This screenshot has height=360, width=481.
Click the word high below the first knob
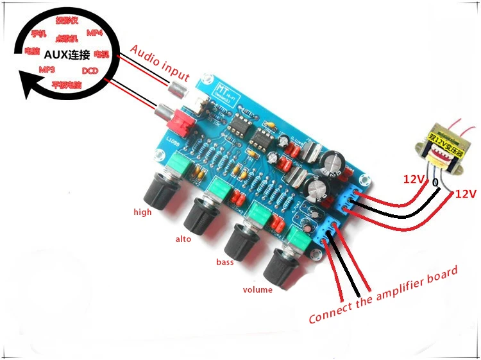pyautogui.click(x=142, y=212)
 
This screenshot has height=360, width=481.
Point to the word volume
pyautogui.click(x=258, y=289)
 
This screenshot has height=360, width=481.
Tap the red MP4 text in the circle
pyautogui.click(x=94, y=33)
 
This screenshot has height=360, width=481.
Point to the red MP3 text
pyautogui.click(x=47, y=69)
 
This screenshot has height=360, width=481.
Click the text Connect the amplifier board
pyautogui.click(x=383, y=296)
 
